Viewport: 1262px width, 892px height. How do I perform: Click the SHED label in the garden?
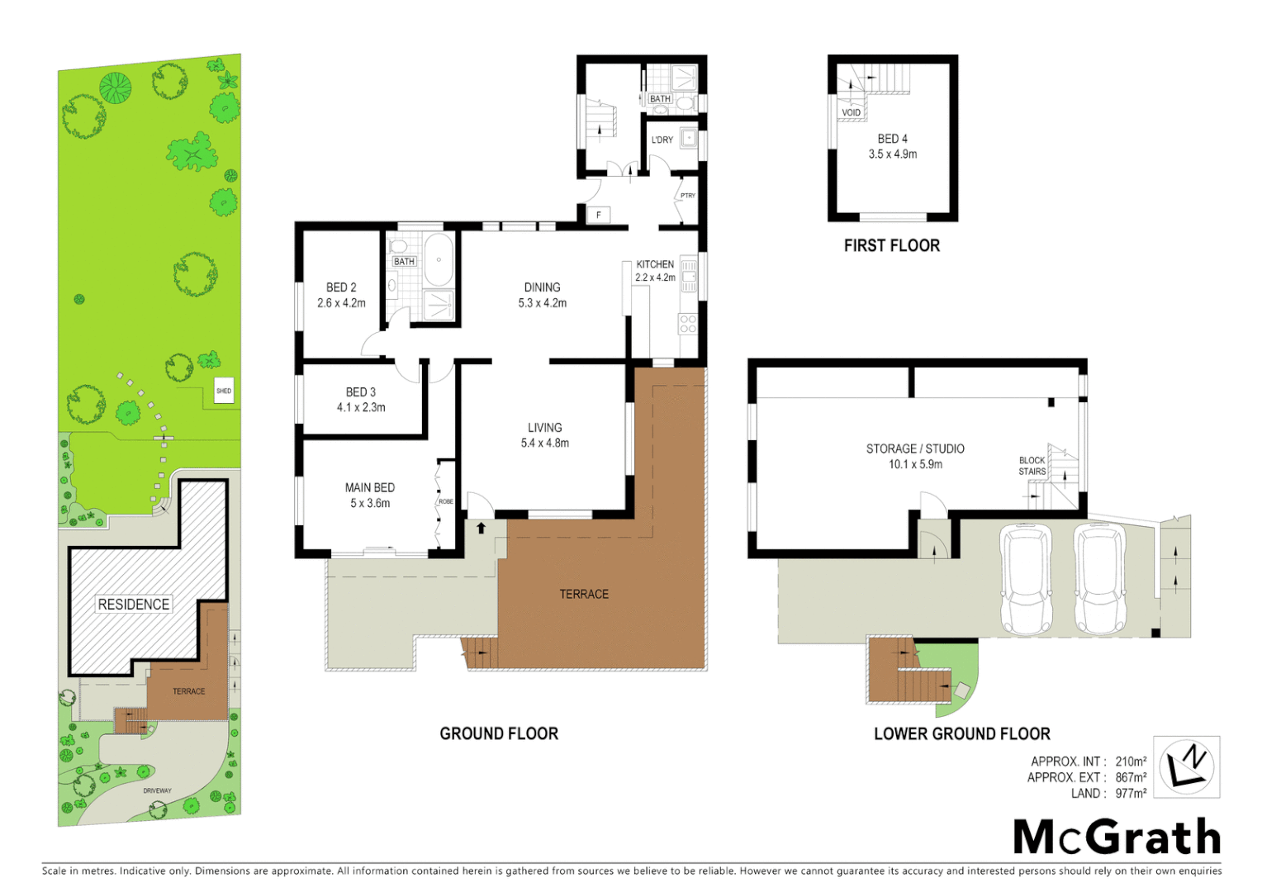(224, 391)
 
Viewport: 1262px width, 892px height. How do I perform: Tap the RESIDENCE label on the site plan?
(134, 605)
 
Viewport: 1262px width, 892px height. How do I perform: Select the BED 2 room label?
(341, 287)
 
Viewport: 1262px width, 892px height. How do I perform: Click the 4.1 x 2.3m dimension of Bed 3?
(361, 407)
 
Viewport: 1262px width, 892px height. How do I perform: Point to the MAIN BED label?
(369, 487)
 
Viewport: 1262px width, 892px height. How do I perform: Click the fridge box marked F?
(599, 215)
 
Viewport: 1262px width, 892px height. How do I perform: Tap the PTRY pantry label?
(688, 196)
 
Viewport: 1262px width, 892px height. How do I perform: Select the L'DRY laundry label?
(662, 140)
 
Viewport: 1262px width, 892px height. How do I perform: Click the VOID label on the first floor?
(851, 112)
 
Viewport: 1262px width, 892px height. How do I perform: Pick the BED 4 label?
(892, 139)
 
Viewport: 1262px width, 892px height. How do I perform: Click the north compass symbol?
(1186, 767)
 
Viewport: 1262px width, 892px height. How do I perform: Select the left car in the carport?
(1026, 580)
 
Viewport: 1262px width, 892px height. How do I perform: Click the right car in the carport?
(1100, 580)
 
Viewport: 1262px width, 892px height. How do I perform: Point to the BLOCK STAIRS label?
(1032, 466)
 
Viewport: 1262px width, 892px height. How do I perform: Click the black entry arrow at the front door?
(481, 528)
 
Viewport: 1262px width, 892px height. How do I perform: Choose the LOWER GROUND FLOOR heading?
(961, 733)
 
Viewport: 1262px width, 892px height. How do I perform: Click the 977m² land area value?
(1131, 794)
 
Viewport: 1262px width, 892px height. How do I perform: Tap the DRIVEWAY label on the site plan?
(157, 790)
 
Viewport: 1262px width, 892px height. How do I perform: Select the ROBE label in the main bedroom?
(446, 501)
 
